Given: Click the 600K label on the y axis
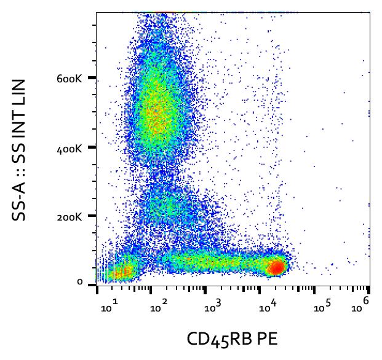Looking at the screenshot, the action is point(69,79).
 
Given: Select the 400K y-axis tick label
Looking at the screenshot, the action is point(69,149).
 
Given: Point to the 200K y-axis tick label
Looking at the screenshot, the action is point(69,217).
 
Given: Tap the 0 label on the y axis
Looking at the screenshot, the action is point(80,282).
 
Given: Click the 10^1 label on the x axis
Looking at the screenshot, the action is point(109,306).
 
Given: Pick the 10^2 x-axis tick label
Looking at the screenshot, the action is point(159,306).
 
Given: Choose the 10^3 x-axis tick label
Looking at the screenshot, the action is point(213,306).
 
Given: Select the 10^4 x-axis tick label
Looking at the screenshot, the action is point(268,306).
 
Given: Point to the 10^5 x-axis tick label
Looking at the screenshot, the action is point(322,306).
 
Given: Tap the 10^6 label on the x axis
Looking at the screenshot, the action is point(360,305).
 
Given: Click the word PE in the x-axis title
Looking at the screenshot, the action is point(268,339).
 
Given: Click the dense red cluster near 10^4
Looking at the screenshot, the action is point(276,267).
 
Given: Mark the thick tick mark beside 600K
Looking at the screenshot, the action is point(92,78).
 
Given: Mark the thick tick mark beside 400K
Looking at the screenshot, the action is point(92,147).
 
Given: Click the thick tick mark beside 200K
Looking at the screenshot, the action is point(92,216).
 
